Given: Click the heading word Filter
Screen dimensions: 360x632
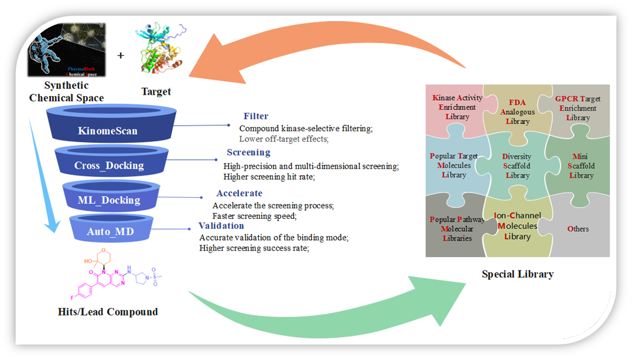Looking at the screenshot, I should point(256,116).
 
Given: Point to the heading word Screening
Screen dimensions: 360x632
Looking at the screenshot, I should point(248,152).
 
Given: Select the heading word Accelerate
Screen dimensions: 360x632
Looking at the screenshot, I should point(239,193).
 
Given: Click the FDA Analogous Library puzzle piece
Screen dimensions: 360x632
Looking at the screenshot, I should point(517,111).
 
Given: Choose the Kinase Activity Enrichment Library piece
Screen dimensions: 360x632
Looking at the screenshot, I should point(453,108).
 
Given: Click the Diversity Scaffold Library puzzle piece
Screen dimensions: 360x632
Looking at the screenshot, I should point(517,166).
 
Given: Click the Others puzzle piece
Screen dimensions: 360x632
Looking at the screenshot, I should point(578,228).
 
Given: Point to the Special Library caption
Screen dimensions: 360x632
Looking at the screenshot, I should point(517,273).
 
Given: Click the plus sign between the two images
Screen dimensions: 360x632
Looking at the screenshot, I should point(121,56).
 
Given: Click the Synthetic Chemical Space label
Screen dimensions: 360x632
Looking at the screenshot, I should point(66,92).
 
